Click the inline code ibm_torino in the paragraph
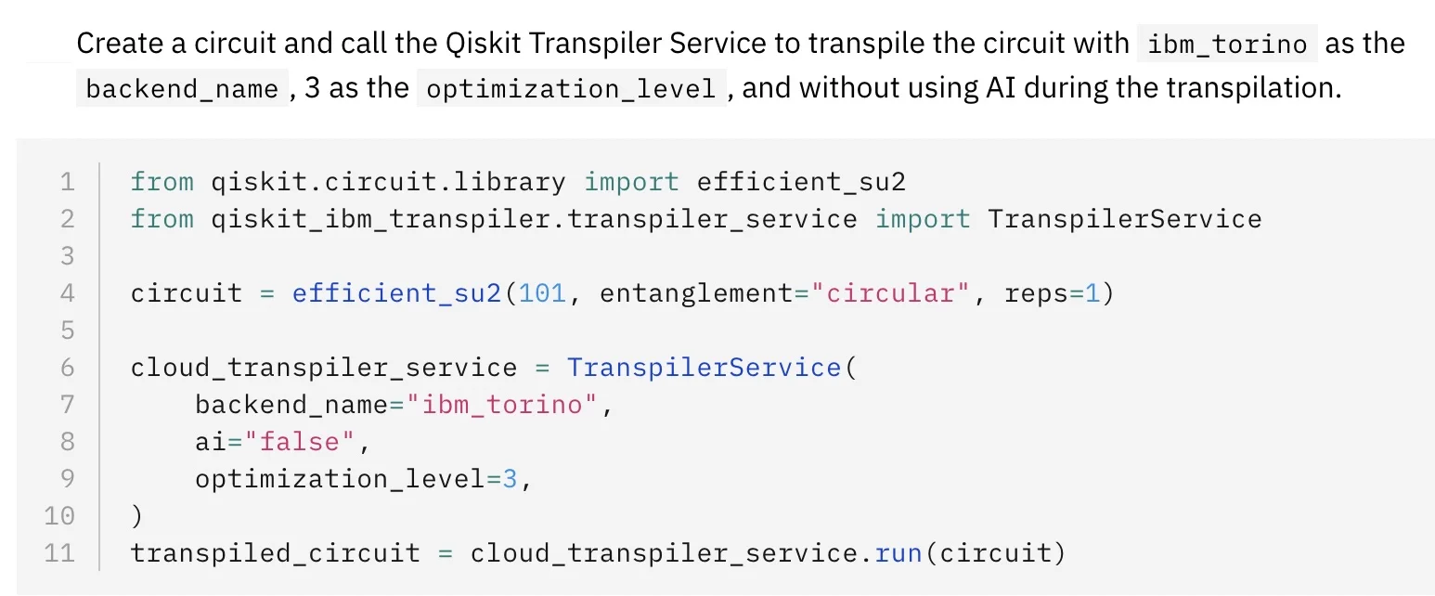1227,45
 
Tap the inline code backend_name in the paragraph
182,88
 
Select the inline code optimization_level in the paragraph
571,88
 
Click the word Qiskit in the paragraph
484,44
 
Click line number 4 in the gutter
67,292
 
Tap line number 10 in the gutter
59,516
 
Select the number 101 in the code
542,292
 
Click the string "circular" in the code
890,292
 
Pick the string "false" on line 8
299,442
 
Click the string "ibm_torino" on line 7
501,405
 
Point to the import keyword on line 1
631,182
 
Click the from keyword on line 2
162,219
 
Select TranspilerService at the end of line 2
1124,219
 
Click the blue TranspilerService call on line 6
705,368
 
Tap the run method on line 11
898,553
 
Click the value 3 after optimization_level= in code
510,479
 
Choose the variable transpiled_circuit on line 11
276,553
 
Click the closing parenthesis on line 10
136,516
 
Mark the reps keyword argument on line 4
1036,293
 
